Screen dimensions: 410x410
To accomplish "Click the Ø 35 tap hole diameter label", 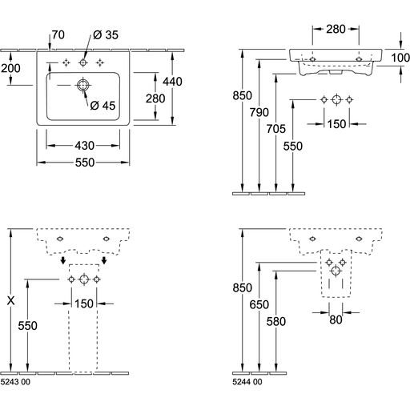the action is click(106, 35).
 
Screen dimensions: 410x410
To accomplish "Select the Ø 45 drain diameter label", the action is click(102, 106).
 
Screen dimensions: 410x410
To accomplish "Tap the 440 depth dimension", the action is click(172, 82).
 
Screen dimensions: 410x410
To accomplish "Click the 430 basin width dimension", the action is click(85, 146).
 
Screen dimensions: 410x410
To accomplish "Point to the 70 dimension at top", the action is click(58, 35).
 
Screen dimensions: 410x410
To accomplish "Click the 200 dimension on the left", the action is click(10, 68).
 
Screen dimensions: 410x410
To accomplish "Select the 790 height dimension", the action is click(259, 112).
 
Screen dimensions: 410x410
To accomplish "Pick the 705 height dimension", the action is click(276, 129).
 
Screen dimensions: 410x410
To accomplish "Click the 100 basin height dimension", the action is click(400, 58).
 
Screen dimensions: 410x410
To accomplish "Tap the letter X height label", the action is click(11, 301).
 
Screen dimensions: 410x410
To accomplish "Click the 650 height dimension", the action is click(259, 304).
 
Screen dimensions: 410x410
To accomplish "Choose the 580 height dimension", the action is click(276, 321).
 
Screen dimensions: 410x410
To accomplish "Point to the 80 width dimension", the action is click(336, 320).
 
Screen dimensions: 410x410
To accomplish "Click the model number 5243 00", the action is click(15, 382).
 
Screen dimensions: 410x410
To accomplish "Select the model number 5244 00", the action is click(247, 382).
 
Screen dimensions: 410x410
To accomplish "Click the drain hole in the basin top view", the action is click(82, 85).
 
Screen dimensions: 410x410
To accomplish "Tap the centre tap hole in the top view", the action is click(83, 62).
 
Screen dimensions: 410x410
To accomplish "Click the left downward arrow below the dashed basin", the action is click(63, 260).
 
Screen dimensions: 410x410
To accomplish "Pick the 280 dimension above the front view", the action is click(336, 29).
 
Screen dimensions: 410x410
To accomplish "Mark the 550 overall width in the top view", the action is click(85, 163).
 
